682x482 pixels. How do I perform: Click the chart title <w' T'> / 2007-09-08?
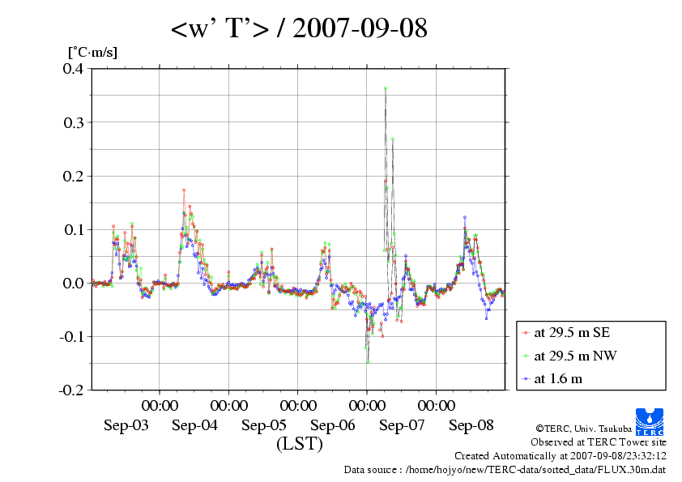(x=299, y=29)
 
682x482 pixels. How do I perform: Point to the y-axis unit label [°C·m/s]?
(x=92, y=53)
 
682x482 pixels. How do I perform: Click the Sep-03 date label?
(x=126, y=425)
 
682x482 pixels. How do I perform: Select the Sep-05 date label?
(x=264, y=425)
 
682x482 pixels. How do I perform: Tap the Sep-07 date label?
(x=403, y=425)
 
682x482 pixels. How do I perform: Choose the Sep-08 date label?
(x=471, y=425)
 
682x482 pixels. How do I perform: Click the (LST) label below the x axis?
(x=299, y=444)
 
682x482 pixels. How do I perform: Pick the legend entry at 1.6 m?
(x=557, y=377)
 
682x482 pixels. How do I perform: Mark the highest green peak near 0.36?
(x=386, y=87)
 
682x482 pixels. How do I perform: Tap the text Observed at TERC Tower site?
(x=598, y=442)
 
